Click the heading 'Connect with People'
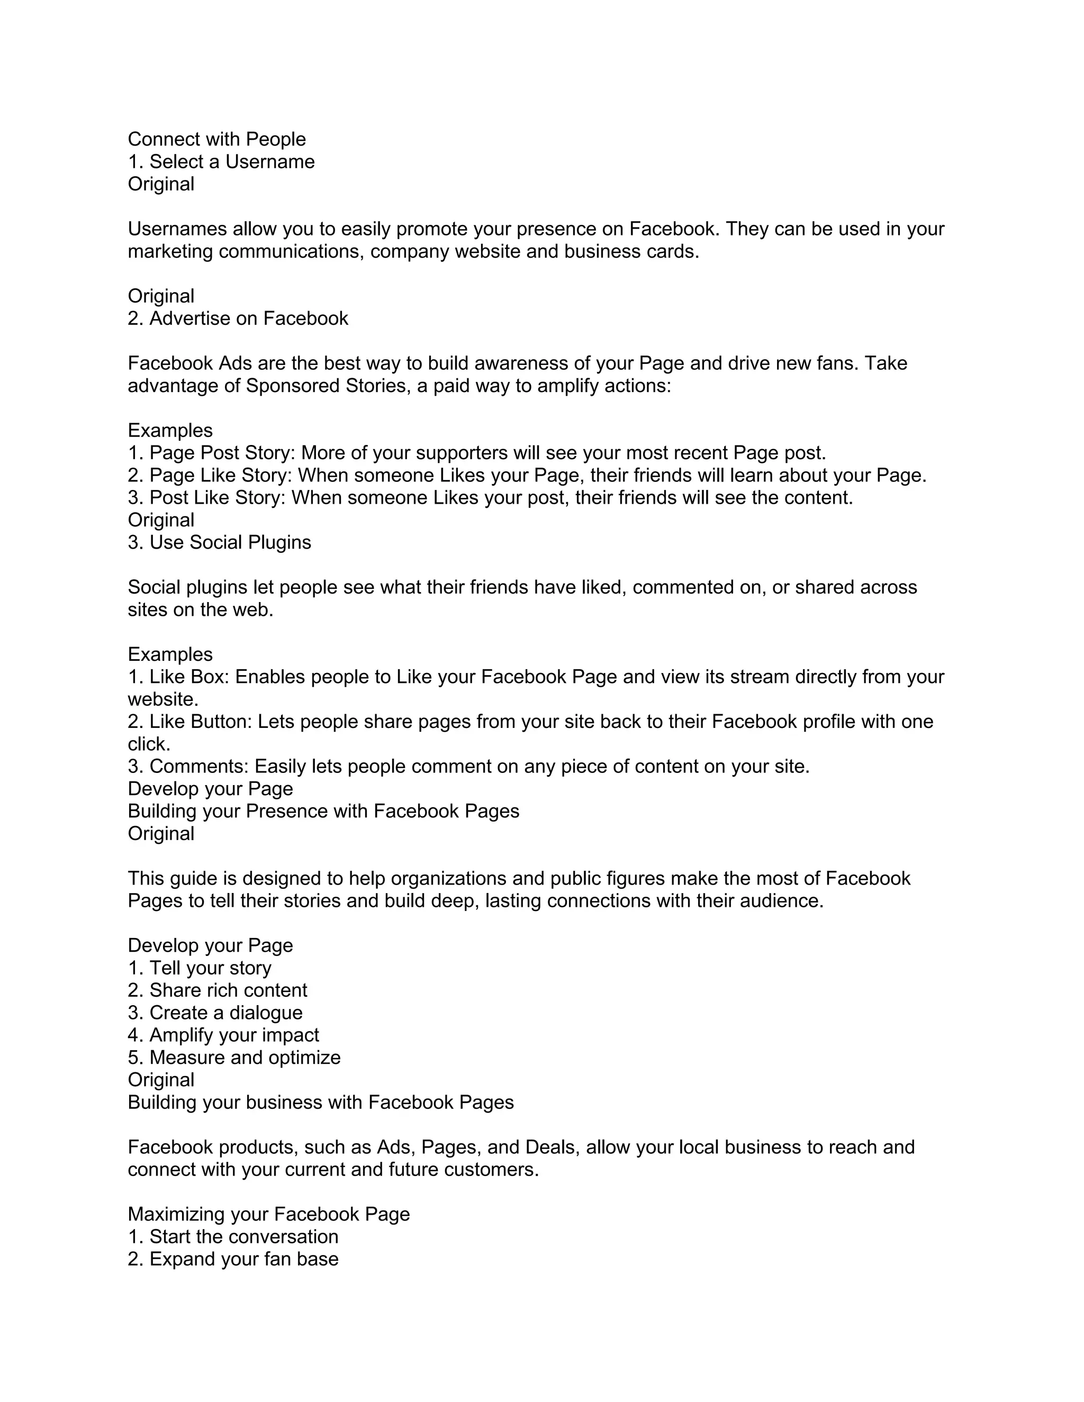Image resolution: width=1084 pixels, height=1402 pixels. pyautogui.click(x=216, y=139)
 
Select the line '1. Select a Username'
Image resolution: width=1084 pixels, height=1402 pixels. pyautogui.click(x=221, y=162)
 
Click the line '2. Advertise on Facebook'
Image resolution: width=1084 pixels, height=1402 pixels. pyautogui.click(x=238, y=318)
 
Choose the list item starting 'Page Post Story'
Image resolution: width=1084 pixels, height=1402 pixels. pyautogui.click(x=476, y=453)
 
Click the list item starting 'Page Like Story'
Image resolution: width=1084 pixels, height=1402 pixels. pyautogui.click(x=527, y=476)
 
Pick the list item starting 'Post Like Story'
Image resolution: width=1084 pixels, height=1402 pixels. pyautogui.click(x=490, y=498)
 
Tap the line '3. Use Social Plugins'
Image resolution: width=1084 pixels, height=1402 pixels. pyautogui.click(x=219, y=542)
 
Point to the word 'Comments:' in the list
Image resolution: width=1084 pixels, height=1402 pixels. pyautogui.click(x=199, y=767)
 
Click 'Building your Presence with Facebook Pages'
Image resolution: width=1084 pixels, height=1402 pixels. pyautogui.click(x=323, y=812)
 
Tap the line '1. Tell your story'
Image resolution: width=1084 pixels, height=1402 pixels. pyautogui.click(x=199, y=968)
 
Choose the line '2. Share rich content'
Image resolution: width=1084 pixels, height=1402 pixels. pyautogui.click(x=217, y=990)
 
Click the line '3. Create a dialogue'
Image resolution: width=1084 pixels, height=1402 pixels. pyautogui.click(x=214, y=1013)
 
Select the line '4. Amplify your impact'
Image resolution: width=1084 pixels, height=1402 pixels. pyautogui.click(x=223, y=1035)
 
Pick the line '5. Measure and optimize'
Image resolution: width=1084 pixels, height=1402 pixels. pyautogui.click(x=234, y=1058)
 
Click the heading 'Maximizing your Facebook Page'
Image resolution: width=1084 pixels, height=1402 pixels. pyautogui.click(x=268, y=1215)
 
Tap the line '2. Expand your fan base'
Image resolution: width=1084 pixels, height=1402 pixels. pyautogui.click(x=232, y=1260)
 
